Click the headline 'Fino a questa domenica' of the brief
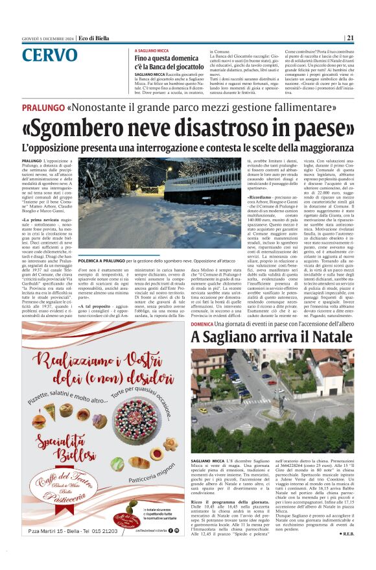coord(167,59)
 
